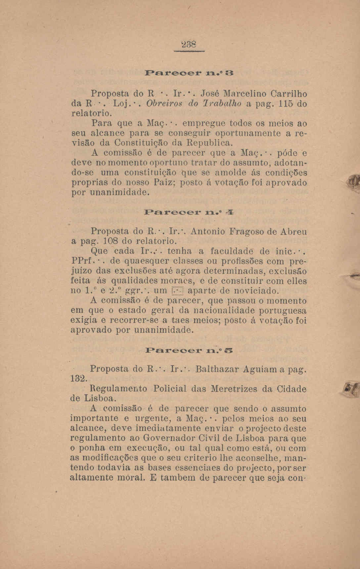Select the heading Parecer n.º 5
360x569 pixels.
(190, 350)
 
